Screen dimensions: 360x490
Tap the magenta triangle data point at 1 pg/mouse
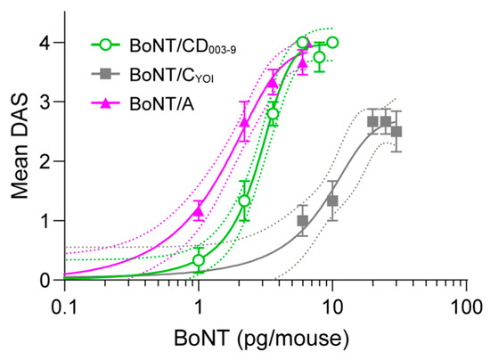pos(199,211)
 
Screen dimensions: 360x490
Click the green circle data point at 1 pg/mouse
pos(199,260)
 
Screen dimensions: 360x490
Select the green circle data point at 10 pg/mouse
pos(332,43)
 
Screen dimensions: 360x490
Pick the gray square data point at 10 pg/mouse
pos(332,200)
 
